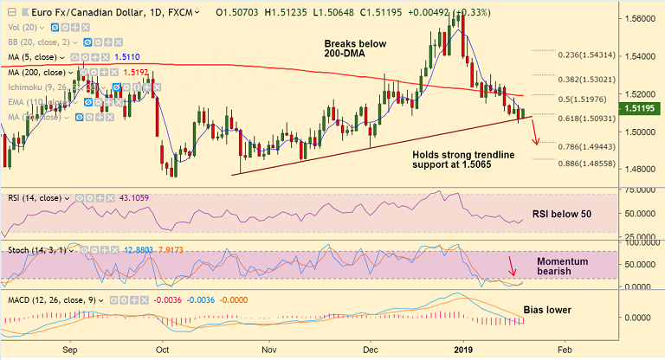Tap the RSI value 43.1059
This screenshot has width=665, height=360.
click(140, 196)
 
